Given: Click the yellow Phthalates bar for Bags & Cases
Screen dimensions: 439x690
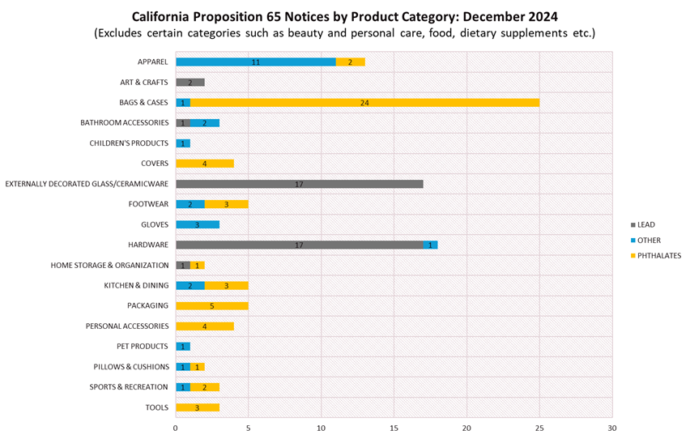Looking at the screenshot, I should [x=364, y=103].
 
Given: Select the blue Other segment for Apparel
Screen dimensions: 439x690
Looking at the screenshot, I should [x=255, y=62].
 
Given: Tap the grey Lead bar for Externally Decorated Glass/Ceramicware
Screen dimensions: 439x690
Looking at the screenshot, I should [x=299, y=184].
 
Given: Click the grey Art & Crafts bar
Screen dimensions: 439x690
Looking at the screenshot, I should [x=190, y=83].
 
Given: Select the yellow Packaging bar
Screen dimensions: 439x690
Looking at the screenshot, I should [x=211, y=306].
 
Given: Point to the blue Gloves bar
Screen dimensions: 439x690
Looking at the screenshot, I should [x=197, y=224].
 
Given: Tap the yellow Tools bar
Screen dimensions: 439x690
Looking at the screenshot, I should [x=197, y=407].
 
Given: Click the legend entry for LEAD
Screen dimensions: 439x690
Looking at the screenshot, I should [x=645, y=224].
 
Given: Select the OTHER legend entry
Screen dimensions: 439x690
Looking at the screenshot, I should [x=648, y=240].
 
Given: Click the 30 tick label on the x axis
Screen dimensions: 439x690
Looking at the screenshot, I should [x=612, y=428].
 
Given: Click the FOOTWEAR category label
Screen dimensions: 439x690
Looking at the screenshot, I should [x=148, y=204].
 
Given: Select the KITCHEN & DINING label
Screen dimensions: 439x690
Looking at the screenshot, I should [x=135, y=286].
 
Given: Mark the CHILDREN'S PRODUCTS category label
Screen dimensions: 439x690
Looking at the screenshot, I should [x=129, y=143].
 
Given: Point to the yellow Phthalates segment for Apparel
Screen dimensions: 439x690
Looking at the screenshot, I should [x=350, y=62].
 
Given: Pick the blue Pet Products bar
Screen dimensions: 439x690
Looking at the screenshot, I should [x=182, y=347].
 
